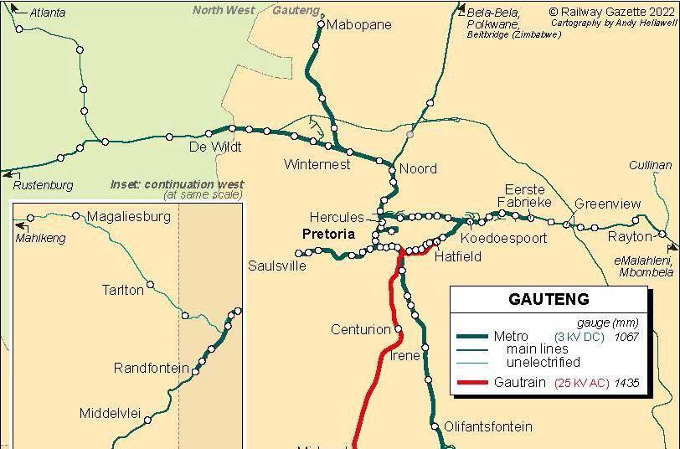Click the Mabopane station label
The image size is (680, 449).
[358, 24]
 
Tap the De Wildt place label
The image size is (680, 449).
[214, 147]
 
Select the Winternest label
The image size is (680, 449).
[317, 164]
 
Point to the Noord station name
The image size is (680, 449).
[418, 168]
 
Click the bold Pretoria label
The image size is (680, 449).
[328, 234]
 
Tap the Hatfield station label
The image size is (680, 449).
[457, 256]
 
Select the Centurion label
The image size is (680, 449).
[361, 329]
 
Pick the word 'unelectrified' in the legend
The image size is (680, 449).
[543, 362]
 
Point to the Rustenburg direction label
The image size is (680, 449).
[44, 185]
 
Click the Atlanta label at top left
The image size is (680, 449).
[47, 13]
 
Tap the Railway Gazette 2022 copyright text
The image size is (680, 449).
[611, 12]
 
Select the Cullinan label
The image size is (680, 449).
[651, 165]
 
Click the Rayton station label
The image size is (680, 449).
[629, 237]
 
